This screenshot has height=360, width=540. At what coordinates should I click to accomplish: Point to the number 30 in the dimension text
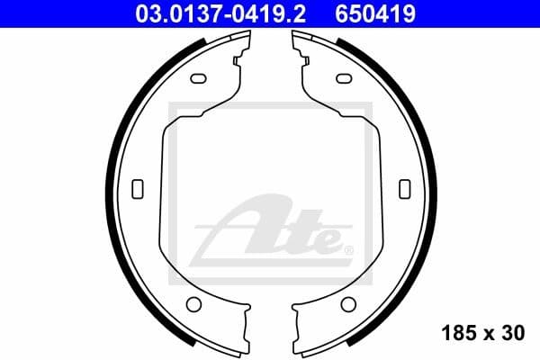(x=513, y=333)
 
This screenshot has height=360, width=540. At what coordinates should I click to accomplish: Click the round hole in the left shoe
(x=193, y=302)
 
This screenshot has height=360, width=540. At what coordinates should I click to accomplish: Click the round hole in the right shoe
(x=346, y=302)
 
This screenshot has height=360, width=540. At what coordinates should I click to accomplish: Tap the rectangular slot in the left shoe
(x=138, y=187)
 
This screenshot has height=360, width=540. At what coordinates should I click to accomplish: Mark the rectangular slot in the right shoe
(x=403, y=187)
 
